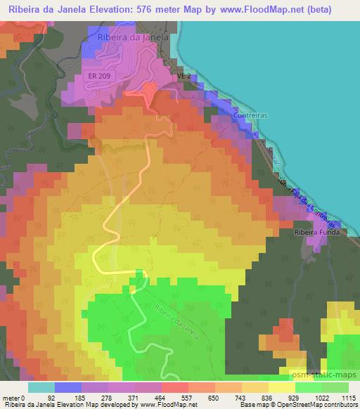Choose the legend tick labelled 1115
point(347,397)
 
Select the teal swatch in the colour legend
point(41,387)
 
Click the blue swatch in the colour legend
point(67,387)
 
